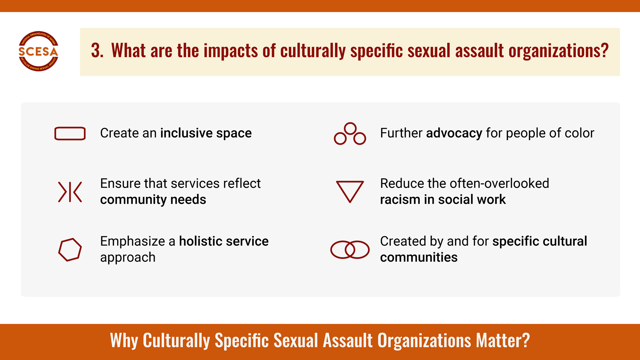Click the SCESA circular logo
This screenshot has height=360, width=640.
point(38,51)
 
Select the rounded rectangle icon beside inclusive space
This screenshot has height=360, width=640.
point(70,133)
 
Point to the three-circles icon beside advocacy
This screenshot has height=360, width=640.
point(350,134)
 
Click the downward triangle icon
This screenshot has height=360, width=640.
point(350,191)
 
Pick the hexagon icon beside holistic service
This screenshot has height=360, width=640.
point(70,249)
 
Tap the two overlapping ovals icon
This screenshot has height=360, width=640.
point(350,249)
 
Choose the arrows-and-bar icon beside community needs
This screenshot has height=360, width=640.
point(70,192)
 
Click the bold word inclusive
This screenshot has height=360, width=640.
point(186,133)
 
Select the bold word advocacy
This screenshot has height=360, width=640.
point(454,133)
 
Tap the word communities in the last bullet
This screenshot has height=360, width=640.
point(419,257)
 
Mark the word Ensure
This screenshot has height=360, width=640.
point(120,183)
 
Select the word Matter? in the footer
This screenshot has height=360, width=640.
point(503,341)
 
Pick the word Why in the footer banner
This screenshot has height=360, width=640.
point(124,341)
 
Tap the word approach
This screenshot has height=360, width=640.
point(128,257)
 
